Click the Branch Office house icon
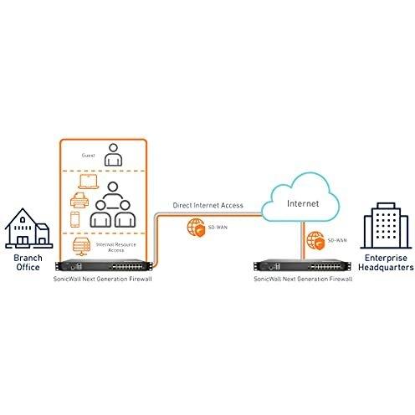28,228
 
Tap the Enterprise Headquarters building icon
386,226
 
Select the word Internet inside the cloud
303,203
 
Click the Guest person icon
113,155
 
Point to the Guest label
89,156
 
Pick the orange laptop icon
89,182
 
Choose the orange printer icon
79,200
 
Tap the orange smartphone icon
74,219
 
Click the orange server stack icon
81,247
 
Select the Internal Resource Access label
116,248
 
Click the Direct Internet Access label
208,206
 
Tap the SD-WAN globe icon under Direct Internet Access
197,228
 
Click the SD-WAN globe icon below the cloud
316,241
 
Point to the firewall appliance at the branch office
105,265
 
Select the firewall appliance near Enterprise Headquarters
303,266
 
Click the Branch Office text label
28,263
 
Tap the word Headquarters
386,268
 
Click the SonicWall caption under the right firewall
303,279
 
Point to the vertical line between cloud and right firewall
302,240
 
